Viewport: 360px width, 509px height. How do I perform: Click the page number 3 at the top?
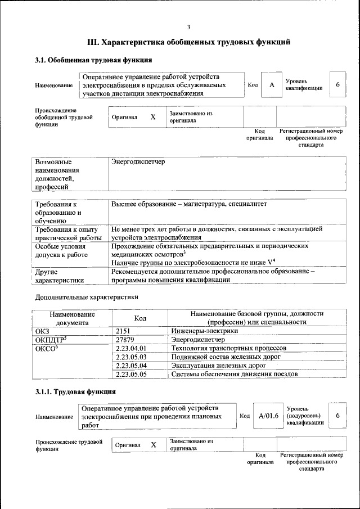pos(188,27)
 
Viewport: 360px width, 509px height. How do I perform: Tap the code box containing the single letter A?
pos(272,85)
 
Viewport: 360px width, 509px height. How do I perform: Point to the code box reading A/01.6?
pos(269,416)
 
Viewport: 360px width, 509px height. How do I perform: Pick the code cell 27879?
pos(124,340)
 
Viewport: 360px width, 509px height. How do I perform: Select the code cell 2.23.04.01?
pos(130,348)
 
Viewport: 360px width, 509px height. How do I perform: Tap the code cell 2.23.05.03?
pos(130,357)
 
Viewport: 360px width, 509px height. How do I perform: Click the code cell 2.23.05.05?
pos(130,373)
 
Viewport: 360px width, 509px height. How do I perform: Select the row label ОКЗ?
pos(43,331)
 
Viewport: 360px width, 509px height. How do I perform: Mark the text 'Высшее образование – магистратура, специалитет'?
pos(188,204)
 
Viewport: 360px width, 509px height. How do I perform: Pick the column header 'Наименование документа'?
pos(72,318)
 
